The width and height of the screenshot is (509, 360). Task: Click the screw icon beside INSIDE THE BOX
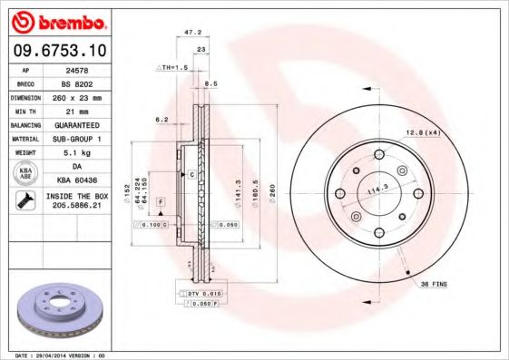pos(24,201)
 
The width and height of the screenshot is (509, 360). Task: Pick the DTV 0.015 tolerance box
pos(205,295)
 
